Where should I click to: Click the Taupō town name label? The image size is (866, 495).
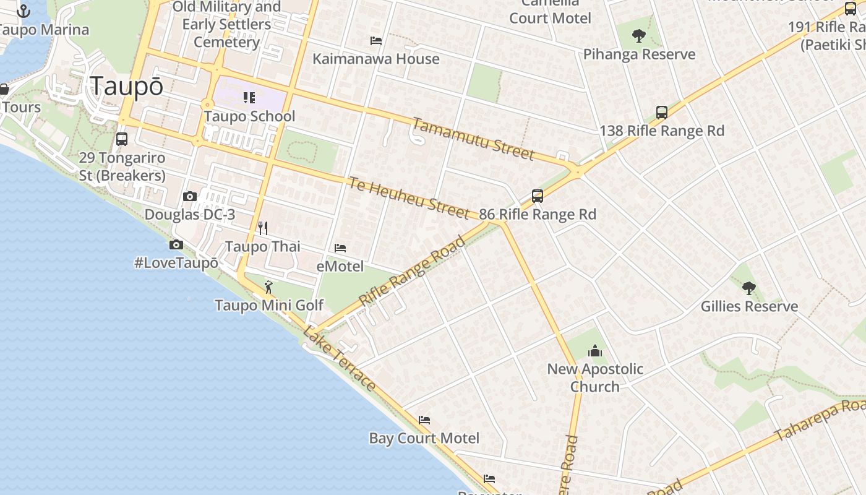point(127,86)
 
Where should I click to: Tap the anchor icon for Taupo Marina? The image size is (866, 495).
point(24,11)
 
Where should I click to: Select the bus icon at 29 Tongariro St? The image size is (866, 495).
point(122,139)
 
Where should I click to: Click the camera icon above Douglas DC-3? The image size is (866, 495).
point(190,197)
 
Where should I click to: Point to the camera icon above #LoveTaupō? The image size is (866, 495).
point(176,244)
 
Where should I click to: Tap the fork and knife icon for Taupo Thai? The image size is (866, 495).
point(263,228)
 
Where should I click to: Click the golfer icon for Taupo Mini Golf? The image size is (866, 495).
point(268,287)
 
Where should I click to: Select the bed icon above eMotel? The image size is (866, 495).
point(340,248)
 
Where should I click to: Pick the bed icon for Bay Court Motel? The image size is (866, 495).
point(424,420)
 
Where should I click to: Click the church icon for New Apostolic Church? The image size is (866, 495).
point(595,351)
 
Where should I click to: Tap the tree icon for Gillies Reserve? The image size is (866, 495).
point(749,288)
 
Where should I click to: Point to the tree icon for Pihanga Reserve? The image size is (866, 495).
point(639,36)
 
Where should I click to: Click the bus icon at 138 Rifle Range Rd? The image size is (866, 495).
point(662,113)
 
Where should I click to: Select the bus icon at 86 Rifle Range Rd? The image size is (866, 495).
point(538,196)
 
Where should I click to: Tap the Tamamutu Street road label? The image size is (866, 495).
point(473,139)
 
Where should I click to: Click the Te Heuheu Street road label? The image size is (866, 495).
point(409,197)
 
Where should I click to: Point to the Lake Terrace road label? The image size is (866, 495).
point(339,358)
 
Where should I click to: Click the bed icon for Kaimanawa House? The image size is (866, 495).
point(376,41)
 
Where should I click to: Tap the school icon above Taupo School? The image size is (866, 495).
point(249,98)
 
